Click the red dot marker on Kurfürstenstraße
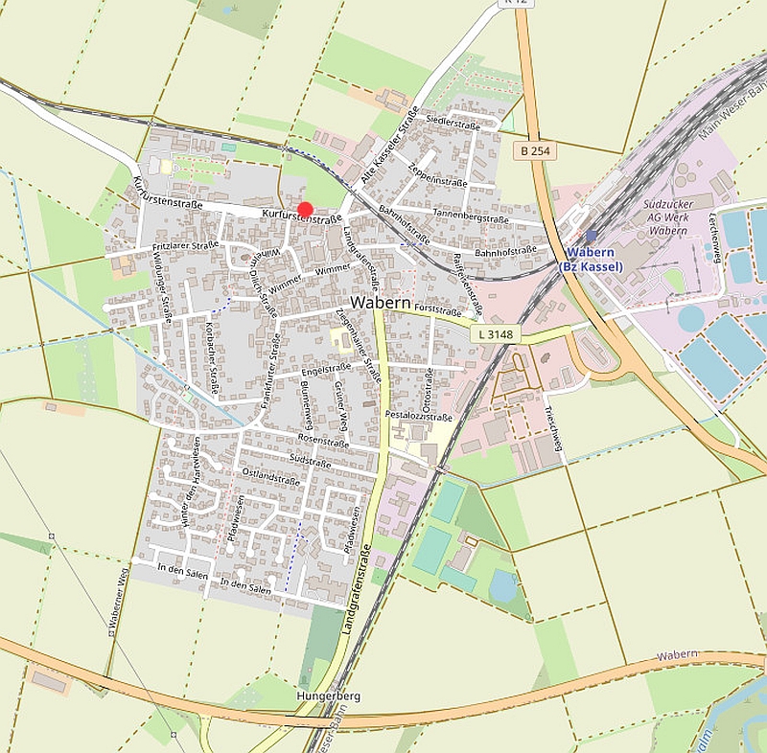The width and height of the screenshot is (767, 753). [x=305, y=210]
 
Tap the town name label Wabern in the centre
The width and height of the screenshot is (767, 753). [x=382, y=302]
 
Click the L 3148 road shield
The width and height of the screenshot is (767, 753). [x=495, y=333]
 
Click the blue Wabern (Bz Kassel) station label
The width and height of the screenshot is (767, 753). [x=591, y=259]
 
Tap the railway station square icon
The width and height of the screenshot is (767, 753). [x=591, y=235]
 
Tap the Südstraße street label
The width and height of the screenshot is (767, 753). [x=310, y=462]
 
